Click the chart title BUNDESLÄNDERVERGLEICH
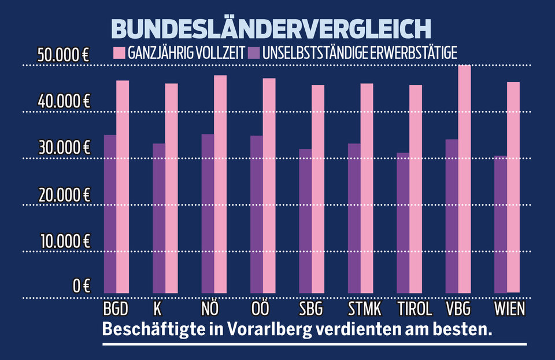pyautogui.click(x=271, y=29)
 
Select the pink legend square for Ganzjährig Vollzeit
pyautogui.click(x=119, y=54)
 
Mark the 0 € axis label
pyautogui.click(x=81, y=285)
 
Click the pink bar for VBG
pyautogui.click(x=465, y=179)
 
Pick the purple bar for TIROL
pyautogui.click(x=403, y=222)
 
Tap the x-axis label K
pyautogui.click(x=157, y=307)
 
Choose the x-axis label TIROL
pyautogui.click(x=415, y=307)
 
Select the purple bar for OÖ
pyautogui.click(x=256, y=214)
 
